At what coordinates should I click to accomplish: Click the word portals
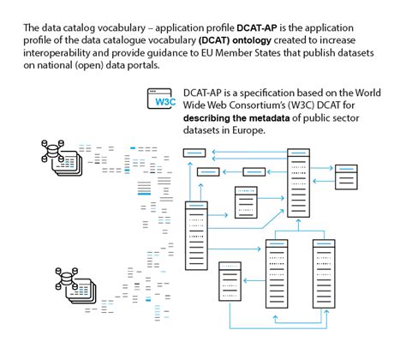(148, 64)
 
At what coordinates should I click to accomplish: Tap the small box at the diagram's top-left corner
(195, 153)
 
